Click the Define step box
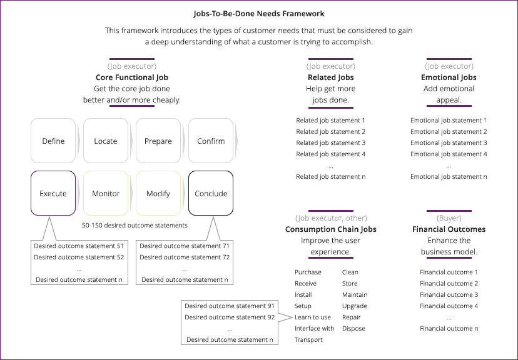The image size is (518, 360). coord(53,141)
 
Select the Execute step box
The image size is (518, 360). coord(53,194)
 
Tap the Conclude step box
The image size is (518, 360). coord(211,194)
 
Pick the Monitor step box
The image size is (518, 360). coord(106,194)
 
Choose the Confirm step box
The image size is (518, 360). coord(211,141)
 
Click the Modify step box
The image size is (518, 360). coord(158,194)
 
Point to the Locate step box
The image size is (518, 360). coord(106,141)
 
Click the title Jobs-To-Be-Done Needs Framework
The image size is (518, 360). coord(258,13)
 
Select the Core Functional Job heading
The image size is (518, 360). coord(131,77)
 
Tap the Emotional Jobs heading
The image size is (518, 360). coord(449,77)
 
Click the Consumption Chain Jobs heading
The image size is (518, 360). coord(330,229)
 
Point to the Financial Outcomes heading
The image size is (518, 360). coord(449,229)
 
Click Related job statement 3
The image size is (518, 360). coord(330,143)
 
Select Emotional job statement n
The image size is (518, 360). coord(449,177)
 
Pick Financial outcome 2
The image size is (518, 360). coord(449,284)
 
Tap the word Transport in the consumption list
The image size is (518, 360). coord(308,340)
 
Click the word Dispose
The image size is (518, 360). coord(353,329)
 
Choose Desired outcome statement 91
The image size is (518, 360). coord(230,306)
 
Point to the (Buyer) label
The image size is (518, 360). coord(449,218)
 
